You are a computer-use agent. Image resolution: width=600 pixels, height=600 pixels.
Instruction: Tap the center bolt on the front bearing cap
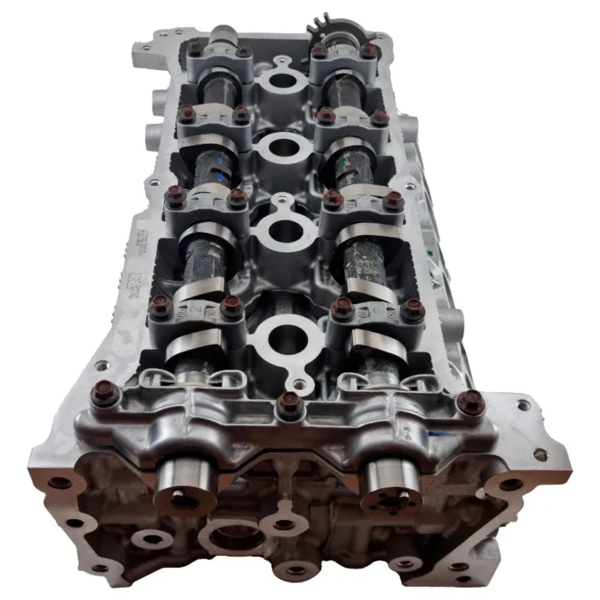click(290, 406)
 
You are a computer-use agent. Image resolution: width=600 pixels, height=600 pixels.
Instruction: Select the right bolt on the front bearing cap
click(471, 402)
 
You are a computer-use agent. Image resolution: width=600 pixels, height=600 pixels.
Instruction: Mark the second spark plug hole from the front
click(285, 231)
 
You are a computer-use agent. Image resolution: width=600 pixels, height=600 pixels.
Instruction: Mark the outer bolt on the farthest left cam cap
click(195, 46)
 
